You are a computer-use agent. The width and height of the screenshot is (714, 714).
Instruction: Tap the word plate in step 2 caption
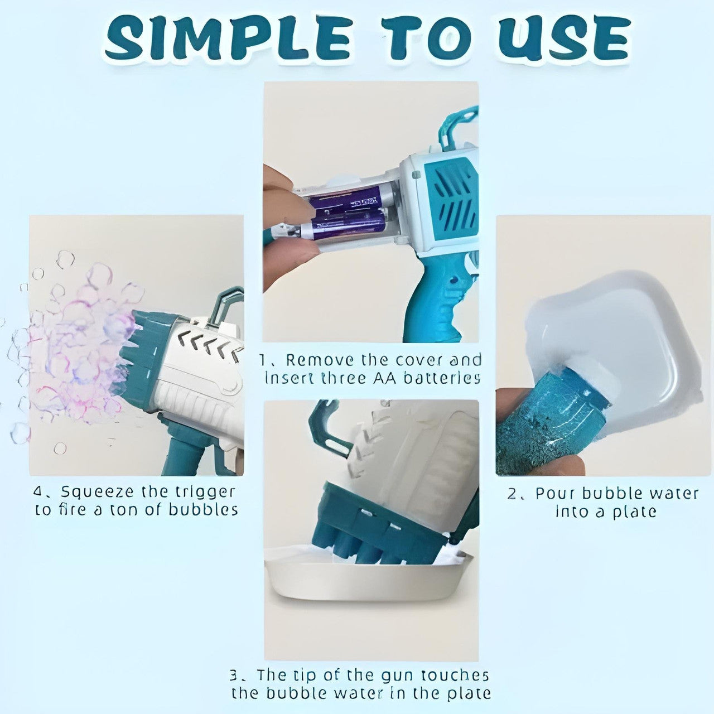click(x=633, y=512)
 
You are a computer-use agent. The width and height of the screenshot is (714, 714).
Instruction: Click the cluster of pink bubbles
click(x=78, y=346)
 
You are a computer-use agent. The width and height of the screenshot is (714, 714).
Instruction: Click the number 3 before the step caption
click(x=235, y=676)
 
